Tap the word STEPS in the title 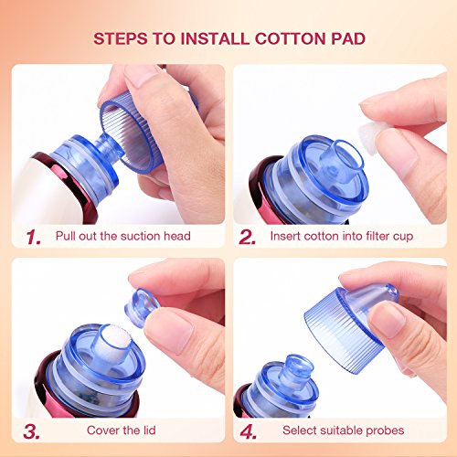121,38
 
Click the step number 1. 33,238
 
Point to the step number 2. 247,238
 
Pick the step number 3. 31,431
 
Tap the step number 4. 248,431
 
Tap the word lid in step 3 150,430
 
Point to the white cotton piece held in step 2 369,138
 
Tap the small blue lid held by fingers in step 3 142,308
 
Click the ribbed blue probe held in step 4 350,326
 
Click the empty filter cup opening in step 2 347,155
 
